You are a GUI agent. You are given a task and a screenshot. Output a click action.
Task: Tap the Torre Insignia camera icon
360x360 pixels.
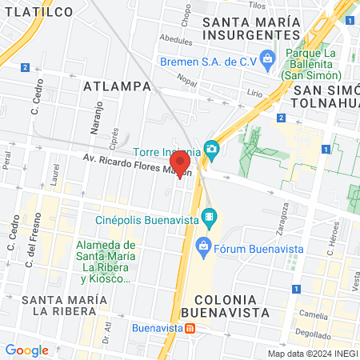[x=211, y=149]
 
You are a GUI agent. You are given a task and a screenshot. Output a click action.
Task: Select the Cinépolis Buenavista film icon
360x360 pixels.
[x=210, y=216]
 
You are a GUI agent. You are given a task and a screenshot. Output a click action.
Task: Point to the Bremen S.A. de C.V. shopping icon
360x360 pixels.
[x=267, y=58]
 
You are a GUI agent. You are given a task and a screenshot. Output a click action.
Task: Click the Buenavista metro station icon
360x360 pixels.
[x=189, y=328]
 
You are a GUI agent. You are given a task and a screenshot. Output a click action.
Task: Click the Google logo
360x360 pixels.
[x=27, y=350]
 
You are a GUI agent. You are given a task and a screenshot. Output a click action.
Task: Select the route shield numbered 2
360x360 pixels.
[x=26, y=68]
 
